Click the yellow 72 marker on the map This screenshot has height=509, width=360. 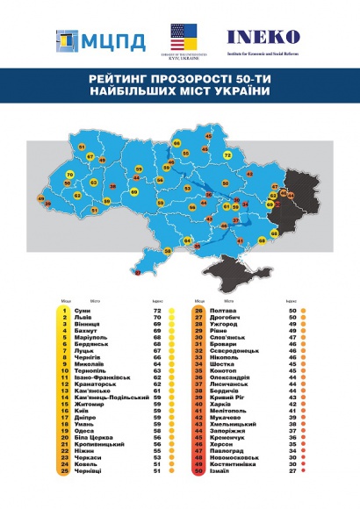[227, 155]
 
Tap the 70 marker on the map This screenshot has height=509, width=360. [69, 175]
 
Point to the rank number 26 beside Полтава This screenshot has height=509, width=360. [198, 311]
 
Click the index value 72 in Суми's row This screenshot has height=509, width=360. [157, 311]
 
